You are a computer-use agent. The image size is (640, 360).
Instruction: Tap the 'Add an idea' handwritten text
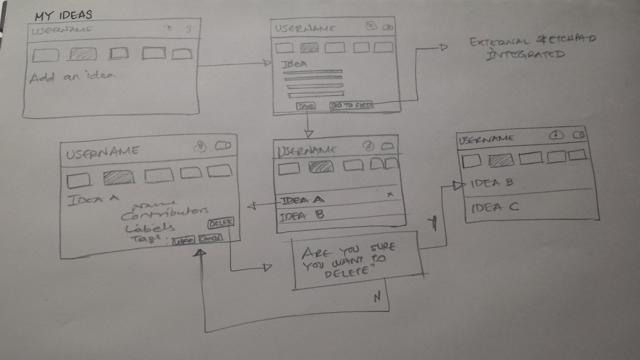72,77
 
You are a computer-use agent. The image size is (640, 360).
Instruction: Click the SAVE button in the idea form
306,106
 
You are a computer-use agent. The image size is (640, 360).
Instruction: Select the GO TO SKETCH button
352,106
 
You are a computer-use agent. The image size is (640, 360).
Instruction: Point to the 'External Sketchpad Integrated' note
532,47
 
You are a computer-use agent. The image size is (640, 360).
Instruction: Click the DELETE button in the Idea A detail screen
221,224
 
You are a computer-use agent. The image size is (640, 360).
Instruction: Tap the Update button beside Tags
184,240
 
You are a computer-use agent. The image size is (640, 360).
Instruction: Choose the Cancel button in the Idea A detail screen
210,238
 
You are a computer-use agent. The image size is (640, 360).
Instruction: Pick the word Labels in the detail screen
150,228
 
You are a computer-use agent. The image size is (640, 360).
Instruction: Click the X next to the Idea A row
390,194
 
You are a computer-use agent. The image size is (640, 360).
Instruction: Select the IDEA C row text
495,207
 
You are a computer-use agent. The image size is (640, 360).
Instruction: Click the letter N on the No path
377,297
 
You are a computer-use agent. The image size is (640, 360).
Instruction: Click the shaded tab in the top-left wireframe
83,54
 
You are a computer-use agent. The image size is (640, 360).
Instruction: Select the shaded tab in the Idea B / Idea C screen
501,160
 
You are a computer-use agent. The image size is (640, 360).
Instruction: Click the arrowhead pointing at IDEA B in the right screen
458,185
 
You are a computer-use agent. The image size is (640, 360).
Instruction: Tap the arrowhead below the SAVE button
308,133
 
